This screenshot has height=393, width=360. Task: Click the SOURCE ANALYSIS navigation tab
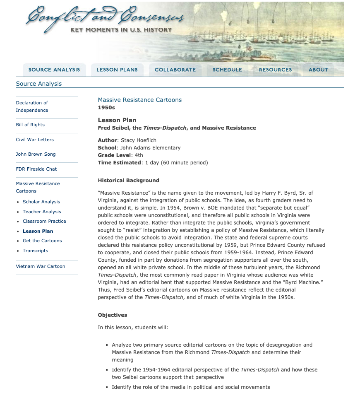54,70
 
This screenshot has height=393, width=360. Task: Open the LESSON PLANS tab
117,70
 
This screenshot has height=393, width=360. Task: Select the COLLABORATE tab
175,70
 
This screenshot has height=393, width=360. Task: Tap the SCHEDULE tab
227,70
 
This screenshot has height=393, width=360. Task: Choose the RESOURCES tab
275,70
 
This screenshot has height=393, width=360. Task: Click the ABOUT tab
318,70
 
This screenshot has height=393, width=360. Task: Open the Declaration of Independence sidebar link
32,106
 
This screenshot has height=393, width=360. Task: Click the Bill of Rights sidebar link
30,125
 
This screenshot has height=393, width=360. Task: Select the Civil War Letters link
35,140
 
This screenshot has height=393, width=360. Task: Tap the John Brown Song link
36,154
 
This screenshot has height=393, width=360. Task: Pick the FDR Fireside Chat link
36,169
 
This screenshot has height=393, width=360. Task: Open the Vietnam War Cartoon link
41,266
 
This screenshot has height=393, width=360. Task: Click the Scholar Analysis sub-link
41,202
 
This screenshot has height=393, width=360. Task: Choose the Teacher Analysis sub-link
42,212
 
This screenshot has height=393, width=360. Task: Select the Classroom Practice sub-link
44,221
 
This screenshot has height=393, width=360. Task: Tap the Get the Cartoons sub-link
42,241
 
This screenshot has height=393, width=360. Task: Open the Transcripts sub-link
35,251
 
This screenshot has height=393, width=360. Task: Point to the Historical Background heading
128,181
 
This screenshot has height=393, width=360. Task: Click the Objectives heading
113,315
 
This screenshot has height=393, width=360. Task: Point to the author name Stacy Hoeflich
139,140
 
